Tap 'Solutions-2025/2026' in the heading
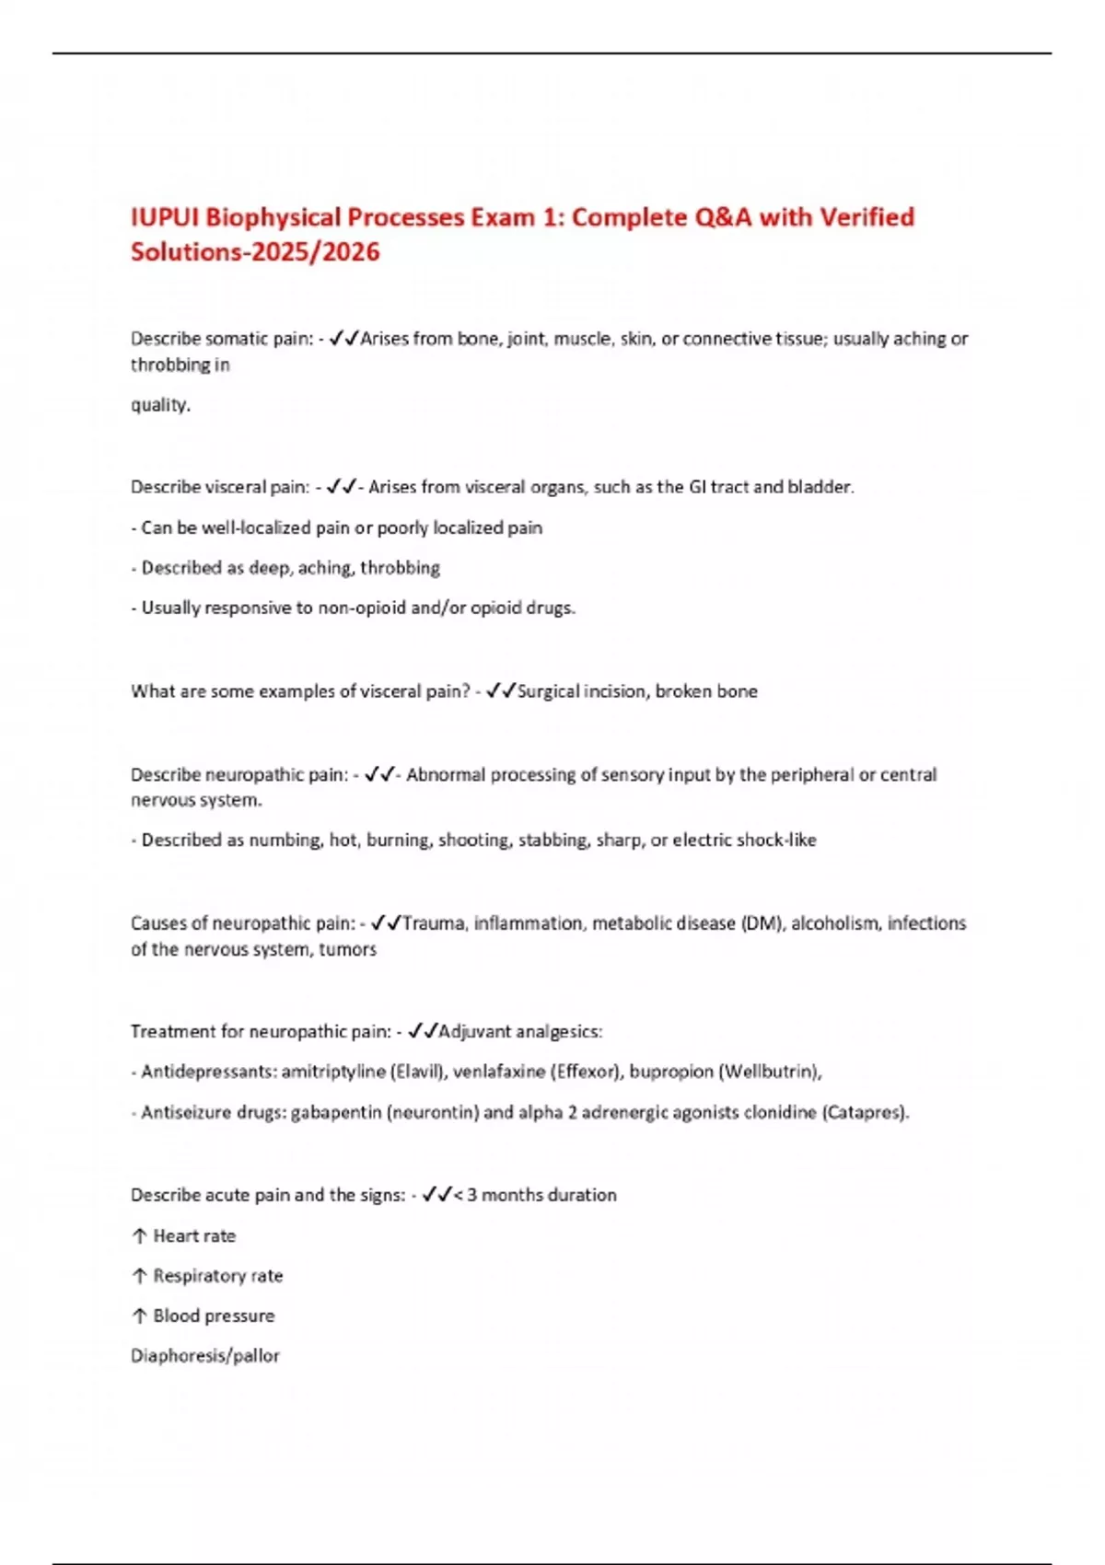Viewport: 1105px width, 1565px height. point(255,251)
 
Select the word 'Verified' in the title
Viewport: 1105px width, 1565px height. point(867,217)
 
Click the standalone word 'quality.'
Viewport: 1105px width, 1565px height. point(160,405)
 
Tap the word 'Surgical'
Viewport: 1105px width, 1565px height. point(549,691)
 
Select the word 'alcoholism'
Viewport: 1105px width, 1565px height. point(834,923)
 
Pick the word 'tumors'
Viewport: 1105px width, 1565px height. point(347,949)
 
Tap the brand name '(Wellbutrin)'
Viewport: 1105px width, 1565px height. point(769,1072)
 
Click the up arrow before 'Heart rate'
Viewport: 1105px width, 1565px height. point(140,1236)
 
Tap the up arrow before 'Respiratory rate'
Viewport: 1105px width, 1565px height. point(140,1276)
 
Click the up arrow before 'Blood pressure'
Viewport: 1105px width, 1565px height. point(140,1316)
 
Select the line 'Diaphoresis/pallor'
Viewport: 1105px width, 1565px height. point(204,1356)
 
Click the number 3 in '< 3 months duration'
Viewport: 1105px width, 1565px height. point(471,1195)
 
